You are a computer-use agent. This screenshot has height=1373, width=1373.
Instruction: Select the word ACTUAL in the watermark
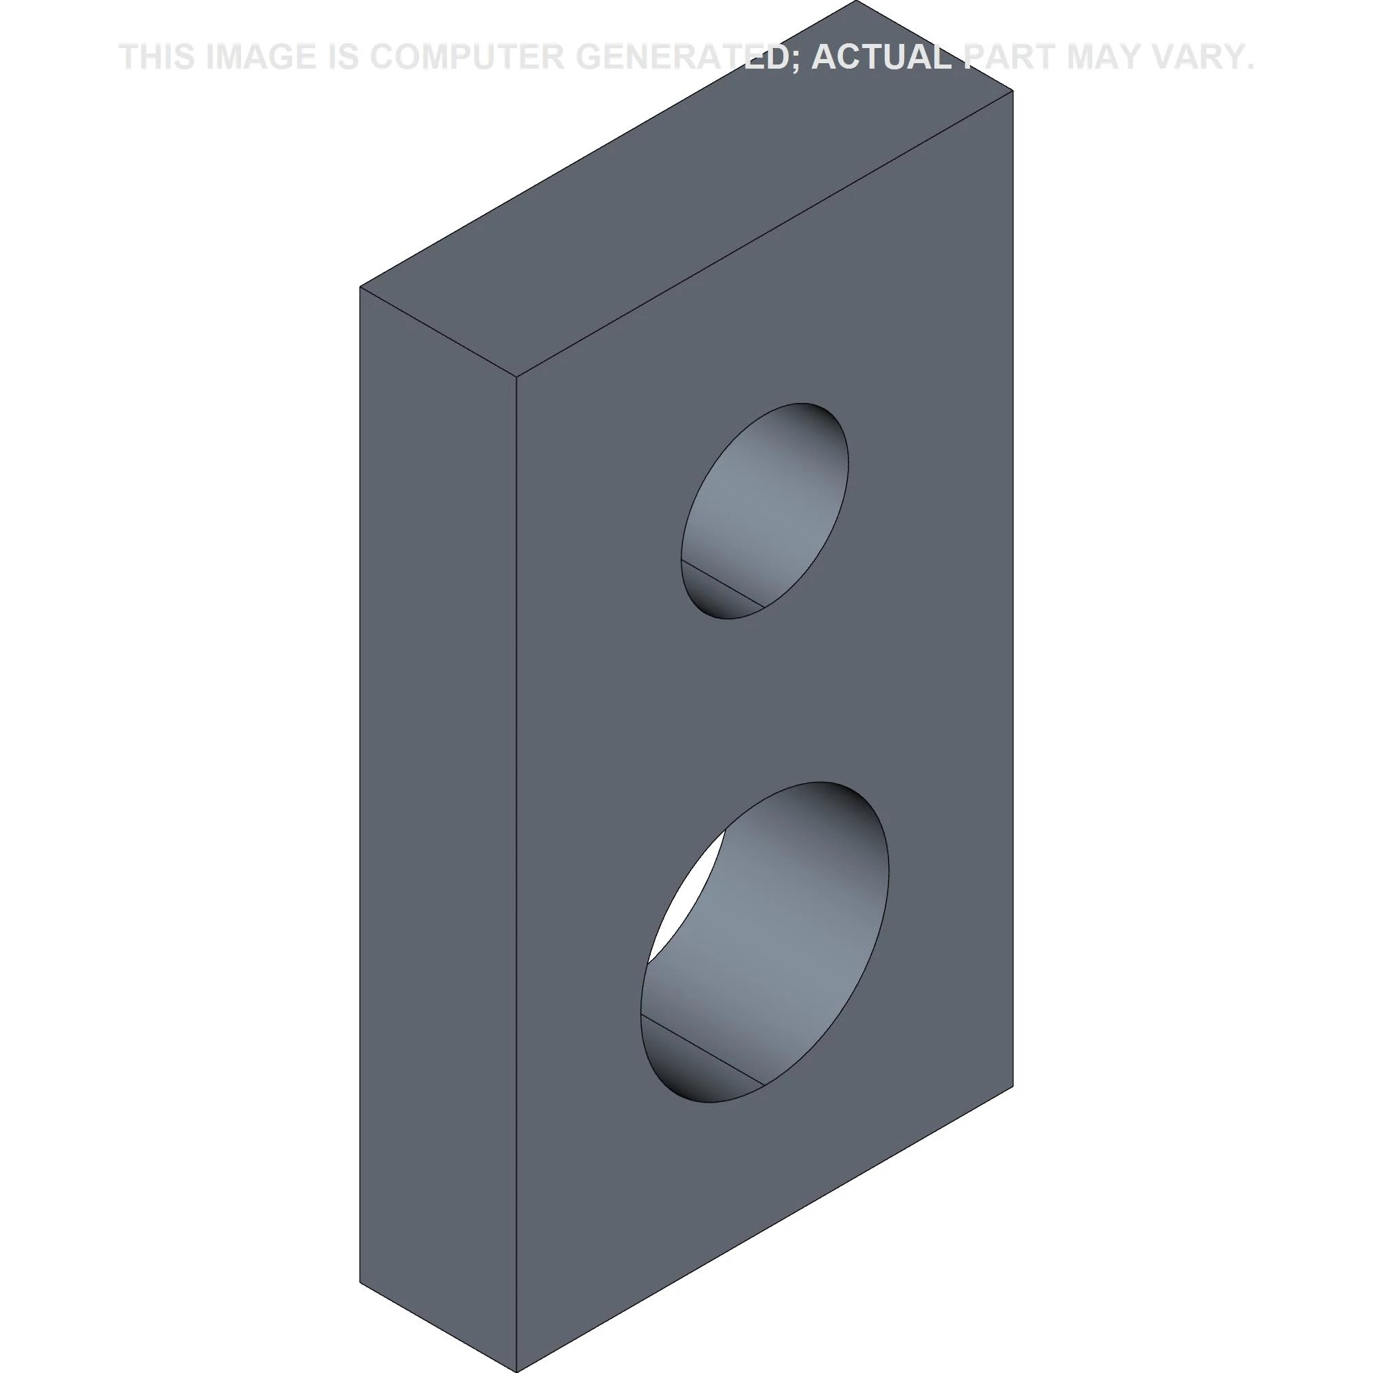point(881,57)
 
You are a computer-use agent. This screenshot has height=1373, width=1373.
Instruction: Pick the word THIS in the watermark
point(158,57)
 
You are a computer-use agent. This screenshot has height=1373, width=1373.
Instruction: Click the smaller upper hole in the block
point(765,511)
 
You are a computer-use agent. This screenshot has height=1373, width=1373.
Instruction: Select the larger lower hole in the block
point(765,942)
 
